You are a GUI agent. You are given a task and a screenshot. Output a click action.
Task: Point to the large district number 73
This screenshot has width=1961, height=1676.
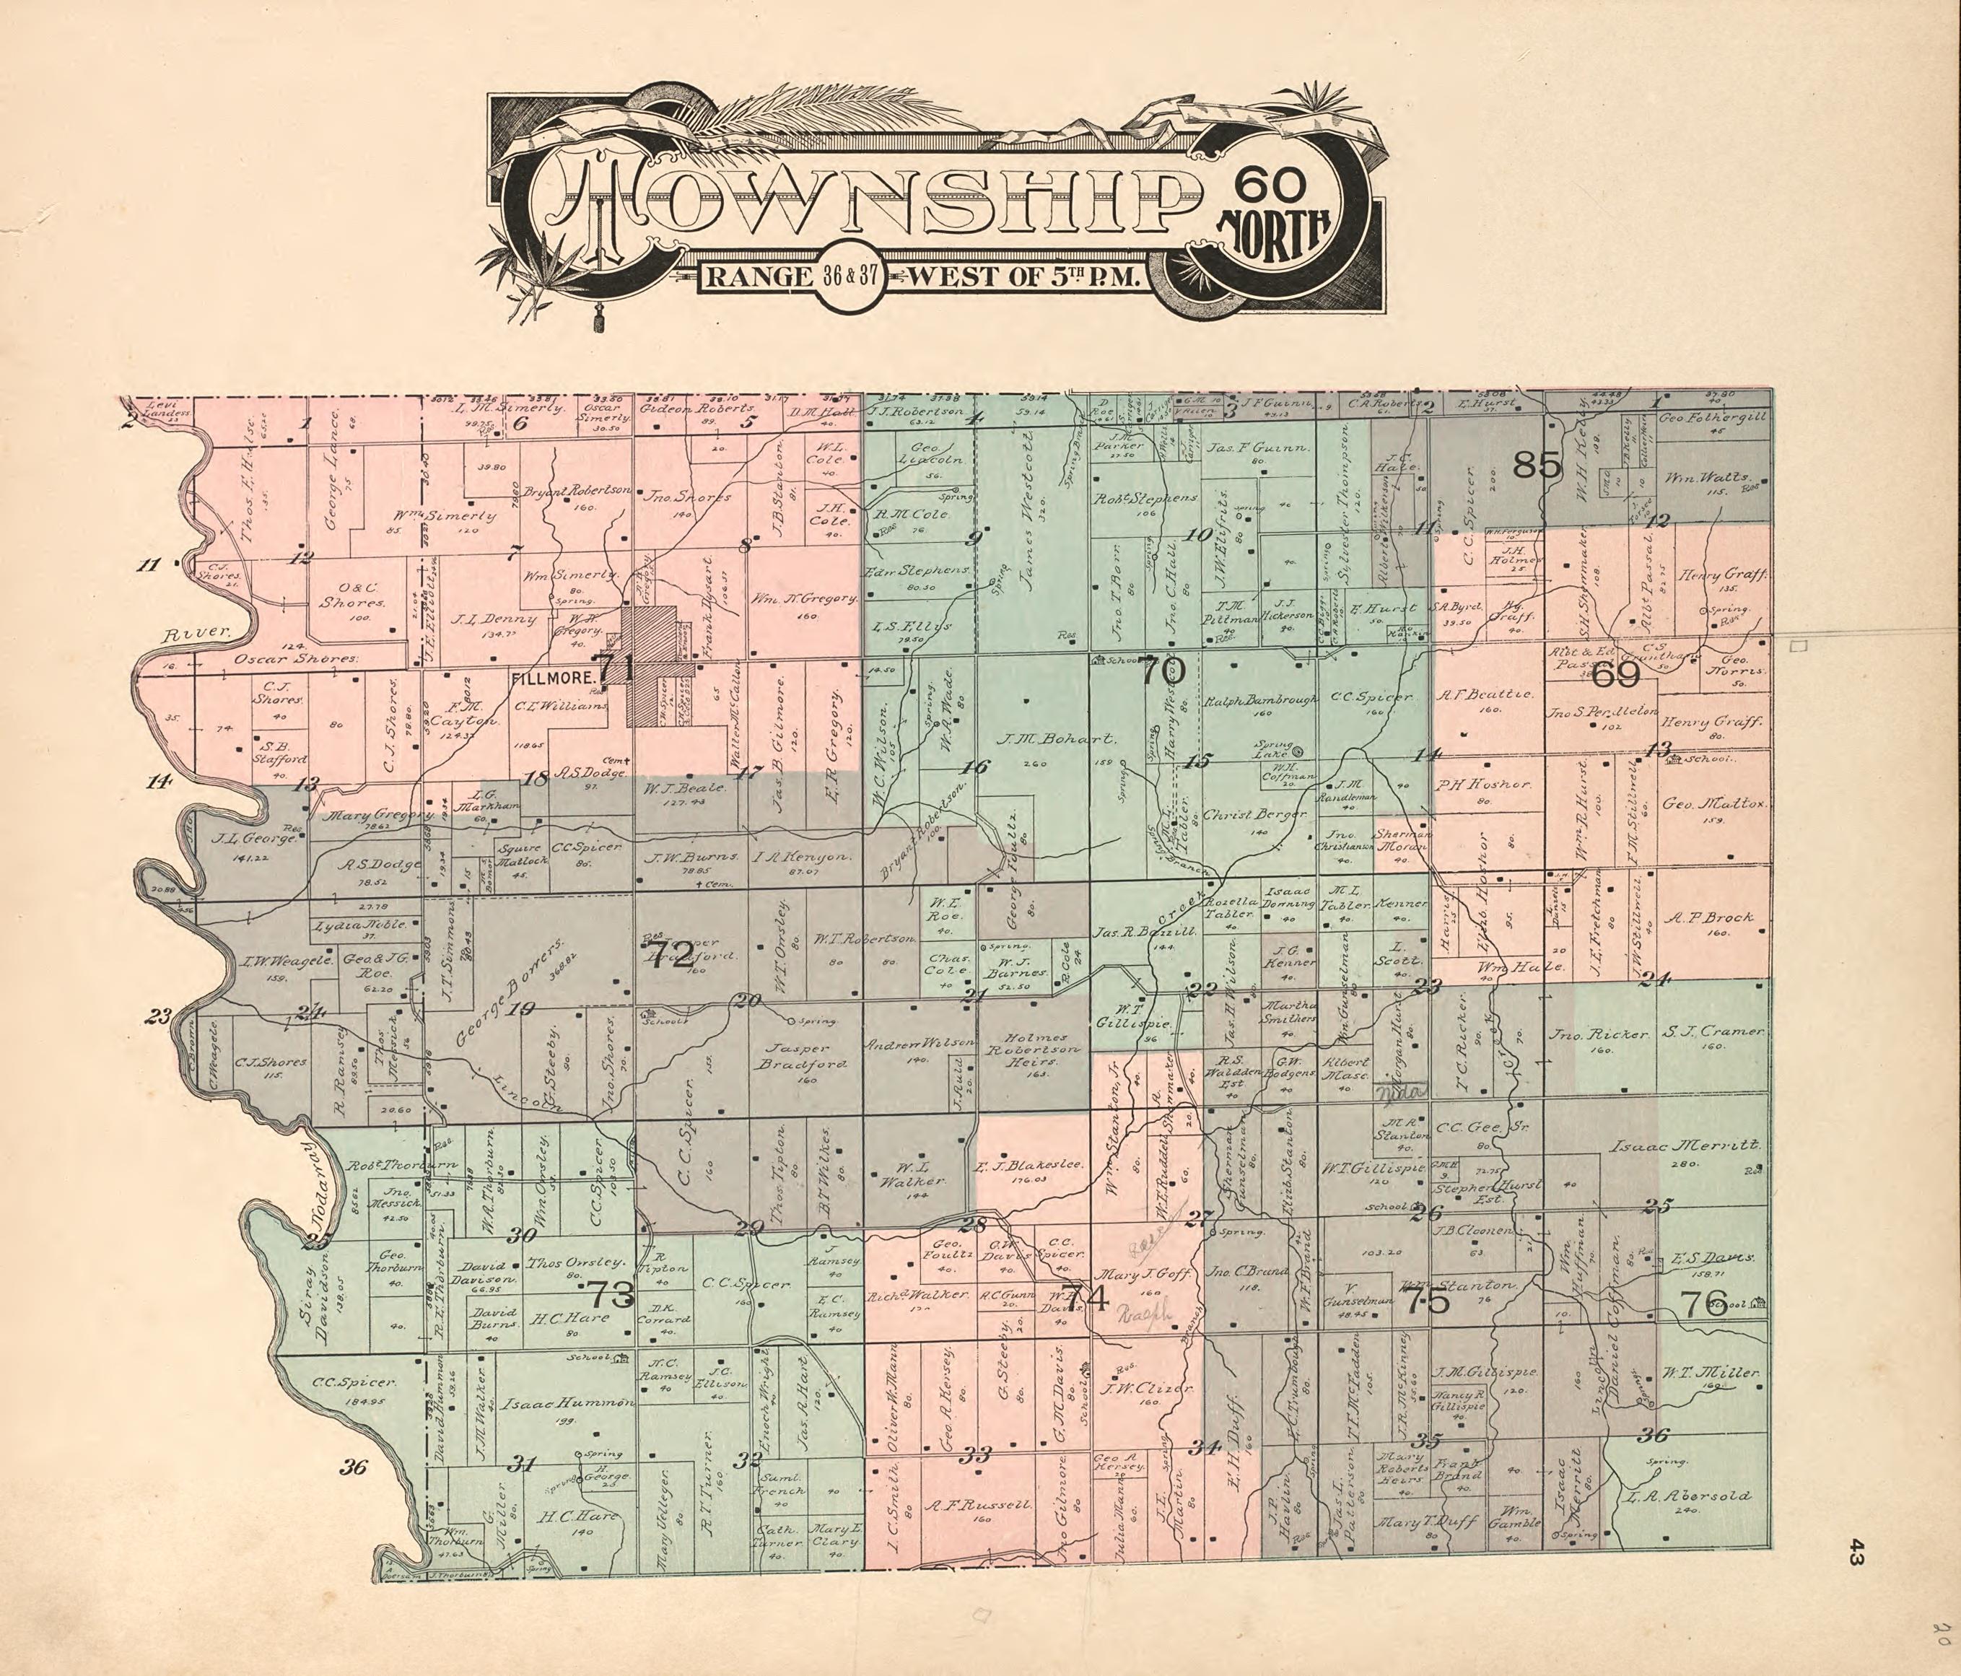[x=611, y=1293]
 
